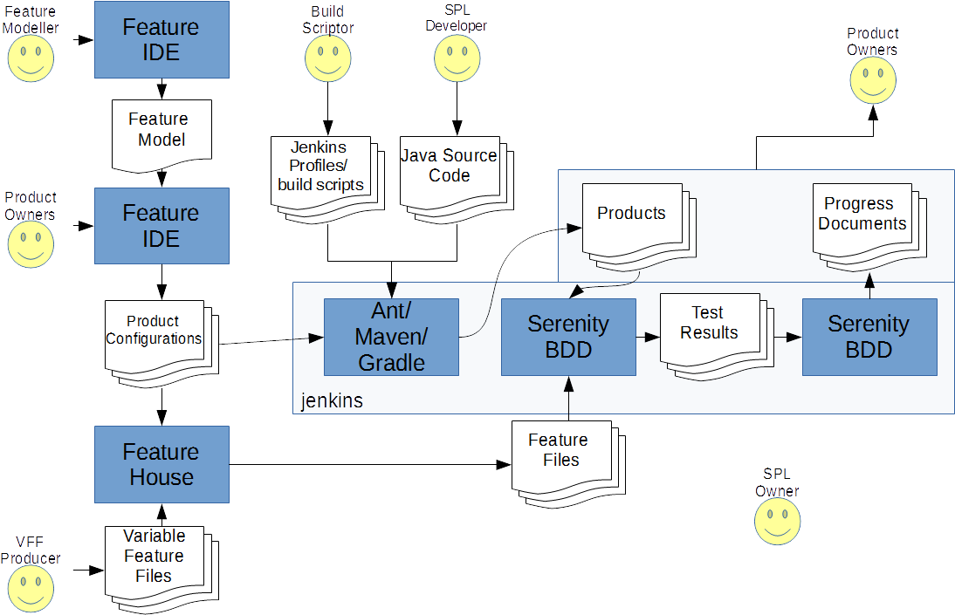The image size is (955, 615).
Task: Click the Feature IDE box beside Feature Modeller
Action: pyautogui.click(x=161, y=40)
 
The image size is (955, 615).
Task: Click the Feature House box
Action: pyautogui.click(x=161, y=464)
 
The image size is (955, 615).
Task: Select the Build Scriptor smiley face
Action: pyautogui.click(x=327, y=59)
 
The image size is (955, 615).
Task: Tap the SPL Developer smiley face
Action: pyautogui.click(x=457, y=59)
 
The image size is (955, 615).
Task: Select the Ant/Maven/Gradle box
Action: pyautogui.click(x=391, y=337)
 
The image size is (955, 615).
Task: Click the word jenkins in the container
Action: pyautogui.click(x=332, y=401)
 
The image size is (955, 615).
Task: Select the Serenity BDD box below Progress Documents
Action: pyautogui.click(x=869, y=337)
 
